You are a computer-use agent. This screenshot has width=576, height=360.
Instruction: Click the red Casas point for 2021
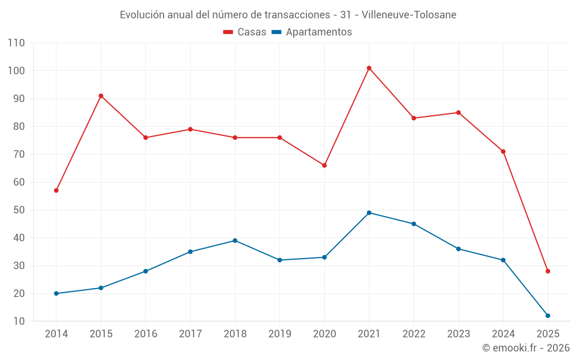point(369,68)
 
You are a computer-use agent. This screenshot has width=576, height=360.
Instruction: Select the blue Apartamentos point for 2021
point(369,213)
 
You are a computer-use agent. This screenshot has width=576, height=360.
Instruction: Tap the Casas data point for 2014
point(56,190)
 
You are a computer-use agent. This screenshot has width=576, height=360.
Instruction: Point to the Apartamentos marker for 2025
point(548,316)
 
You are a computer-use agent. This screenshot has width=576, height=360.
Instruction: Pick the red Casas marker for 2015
point(101,96)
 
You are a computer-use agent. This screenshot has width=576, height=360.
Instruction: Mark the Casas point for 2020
point(324,165)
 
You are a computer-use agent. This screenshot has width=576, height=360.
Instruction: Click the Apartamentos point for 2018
point(235,240)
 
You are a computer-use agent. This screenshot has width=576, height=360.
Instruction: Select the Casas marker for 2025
point(548,271)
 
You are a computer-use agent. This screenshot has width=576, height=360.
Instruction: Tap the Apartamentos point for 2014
point(56,293)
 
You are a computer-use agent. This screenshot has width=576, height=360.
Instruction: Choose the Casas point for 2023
point(458,112)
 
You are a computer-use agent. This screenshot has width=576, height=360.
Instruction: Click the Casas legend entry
point(245,32)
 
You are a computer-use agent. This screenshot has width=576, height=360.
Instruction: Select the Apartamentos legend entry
point(312,32)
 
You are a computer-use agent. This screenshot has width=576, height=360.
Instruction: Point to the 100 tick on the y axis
point(16,71)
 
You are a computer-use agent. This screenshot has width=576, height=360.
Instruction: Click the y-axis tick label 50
point(19,210)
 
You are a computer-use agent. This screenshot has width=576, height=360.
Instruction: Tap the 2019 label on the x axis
point(280,334)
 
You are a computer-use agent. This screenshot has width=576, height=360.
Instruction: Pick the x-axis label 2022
point(414,334)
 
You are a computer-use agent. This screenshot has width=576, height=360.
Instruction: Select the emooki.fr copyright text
point(526,348)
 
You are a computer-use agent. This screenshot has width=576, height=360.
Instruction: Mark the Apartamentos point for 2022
point(414,223)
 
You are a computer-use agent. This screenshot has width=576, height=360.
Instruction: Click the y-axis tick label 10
point(19,321)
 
